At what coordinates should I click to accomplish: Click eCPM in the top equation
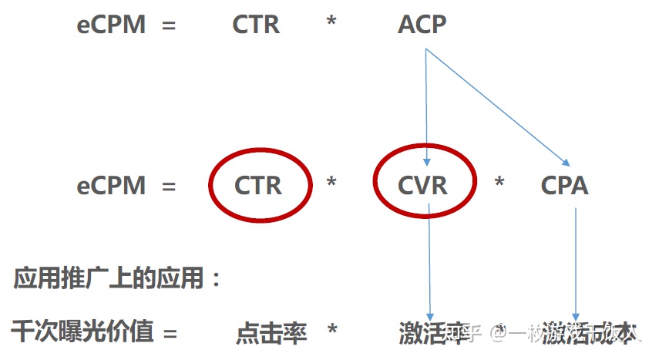(x=111, y=25)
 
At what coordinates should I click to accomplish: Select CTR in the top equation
(x=256, y=25)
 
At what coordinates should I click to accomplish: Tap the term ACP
(x=422, y=25)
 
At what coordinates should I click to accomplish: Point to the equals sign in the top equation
(x=169, y=25)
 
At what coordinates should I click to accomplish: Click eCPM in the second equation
(x=111, y=186)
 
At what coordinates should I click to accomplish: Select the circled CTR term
(x=259, y=186)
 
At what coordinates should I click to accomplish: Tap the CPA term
(x=565, y=186)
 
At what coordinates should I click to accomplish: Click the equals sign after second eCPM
(x=169, y=187)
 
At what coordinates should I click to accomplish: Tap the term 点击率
(x=271, y=333)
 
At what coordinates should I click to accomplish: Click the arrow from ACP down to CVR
(x=426, y=108)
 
